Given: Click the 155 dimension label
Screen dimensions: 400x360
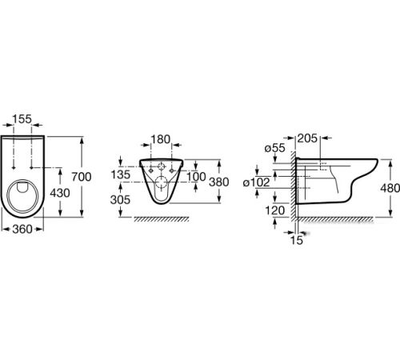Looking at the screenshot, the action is (22, 119).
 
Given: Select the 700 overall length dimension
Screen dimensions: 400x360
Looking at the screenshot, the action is (82, 177).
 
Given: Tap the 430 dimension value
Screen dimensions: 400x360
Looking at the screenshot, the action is (60, 193).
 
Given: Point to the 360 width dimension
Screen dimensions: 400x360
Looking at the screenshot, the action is (22, 229).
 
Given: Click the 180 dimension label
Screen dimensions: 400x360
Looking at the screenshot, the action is (161, 139).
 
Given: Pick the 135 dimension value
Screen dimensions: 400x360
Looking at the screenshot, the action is (121, 174).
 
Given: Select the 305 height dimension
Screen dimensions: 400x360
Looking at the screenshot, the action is (120, 199).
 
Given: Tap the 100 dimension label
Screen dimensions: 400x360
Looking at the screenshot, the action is (196, 177).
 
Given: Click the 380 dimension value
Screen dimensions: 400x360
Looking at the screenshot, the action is (219, 182).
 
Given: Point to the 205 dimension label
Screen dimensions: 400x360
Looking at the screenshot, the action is (307, 138).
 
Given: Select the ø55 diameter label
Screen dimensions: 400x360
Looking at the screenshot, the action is (275, 148).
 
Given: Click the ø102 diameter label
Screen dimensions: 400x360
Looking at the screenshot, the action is (257, 182).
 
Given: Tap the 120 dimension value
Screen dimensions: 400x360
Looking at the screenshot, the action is (275, 210).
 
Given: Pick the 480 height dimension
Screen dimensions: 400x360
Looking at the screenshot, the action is (390, 188).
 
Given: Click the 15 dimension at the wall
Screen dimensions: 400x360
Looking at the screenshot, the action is (297, 240).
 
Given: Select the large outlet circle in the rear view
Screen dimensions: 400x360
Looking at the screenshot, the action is (161, 182).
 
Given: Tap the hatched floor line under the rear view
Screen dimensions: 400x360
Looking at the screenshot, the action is (162, 219).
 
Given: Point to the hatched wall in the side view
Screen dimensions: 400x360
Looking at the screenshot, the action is (293, 186).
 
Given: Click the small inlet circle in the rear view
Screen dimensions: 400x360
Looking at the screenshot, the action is (161, 166).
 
